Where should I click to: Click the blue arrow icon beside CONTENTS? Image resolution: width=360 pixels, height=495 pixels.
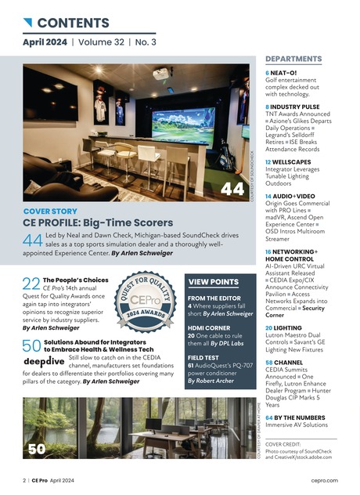27,22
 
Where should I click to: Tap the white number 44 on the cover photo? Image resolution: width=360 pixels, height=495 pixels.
232,189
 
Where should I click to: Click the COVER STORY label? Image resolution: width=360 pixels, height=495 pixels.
50,211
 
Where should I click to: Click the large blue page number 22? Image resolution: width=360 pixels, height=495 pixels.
31,285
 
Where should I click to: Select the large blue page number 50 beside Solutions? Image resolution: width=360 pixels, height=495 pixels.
31,346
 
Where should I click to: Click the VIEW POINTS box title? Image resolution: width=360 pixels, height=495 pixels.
214,281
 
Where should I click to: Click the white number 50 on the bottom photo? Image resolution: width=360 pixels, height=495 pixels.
36,449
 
